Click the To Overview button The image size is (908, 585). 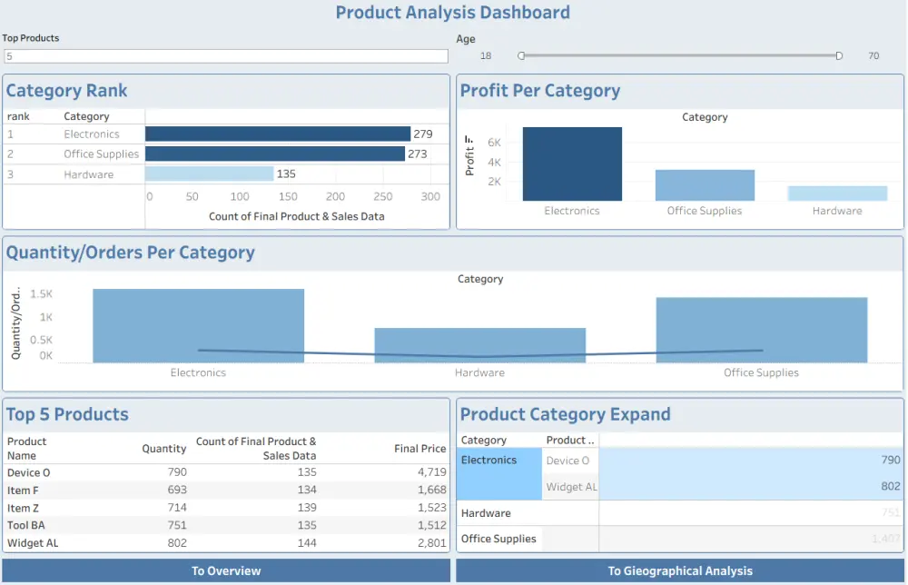tap(226, 570)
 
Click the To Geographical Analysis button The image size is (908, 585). tap(680, 570)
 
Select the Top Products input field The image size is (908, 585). tap(226, 56)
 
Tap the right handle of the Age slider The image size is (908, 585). tap(839, 56)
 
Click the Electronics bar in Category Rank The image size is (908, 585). tap(278, 134)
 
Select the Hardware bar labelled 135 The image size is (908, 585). tap(209, 174)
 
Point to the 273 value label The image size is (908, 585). tap(418, 154)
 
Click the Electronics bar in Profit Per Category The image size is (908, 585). tap(572, 164)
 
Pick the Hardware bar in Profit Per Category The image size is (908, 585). tap(837, 193)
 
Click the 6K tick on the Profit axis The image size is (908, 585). tap(495, 143)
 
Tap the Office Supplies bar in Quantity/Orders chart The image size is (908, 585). tap(761, 330)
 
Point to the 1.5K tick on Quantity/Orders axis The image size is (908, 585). tap(41, 294)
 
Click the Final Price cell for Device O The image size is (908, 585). tap(431, 473)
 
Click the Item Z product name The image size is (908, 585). tap(23, 508)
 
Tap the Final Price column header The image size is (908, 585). tap(419, 449)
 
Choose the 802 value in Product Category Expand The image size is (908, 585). tap(890, 486)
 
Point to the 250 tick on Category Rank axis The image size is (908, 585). tap(383, 196)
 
